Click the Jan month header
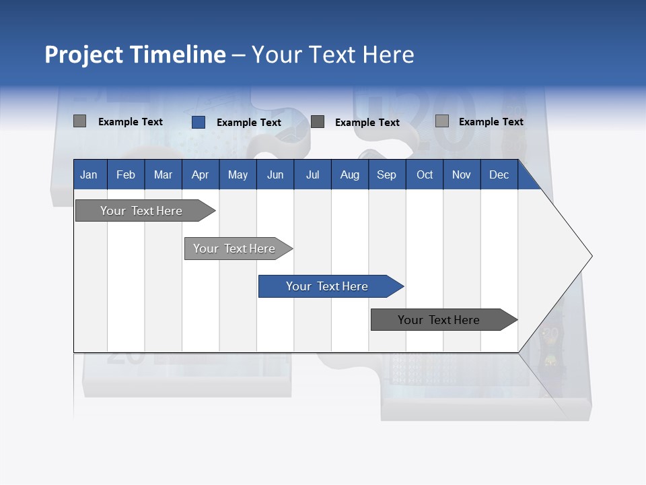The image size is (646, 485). (89, 174)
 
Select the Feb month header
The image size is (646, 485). (126, 174)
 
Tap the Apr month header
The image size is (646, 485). (200, 174)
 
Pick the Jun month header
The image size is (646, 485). (275, 174)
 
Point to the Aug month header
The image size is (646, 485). (349, 174)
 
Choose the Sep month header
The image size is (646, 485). (386, 174)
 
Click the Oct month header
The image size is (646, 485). (425, 174)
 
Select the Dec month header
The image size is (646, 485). (499, 174)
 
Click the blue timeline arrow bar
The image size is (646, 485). (327, 286)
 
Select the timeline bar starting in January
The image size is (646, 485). (141, 211)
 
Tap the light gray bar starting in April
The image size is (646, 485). (234, 249)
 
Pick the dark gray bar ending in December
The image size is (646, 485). (439, 320)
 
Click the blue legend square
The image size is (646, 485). (198, 122)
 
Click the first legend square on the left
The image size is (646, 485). (79, 121)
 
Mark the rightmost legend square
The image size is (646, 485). (441, 121)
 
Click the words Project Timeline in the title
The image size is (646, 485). (135, 55)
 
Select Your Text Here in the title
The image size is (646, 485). (332, 55)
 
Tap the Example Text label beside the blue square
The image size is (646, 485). (248, 123)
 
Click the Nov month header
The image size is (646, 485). (462, 174)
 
